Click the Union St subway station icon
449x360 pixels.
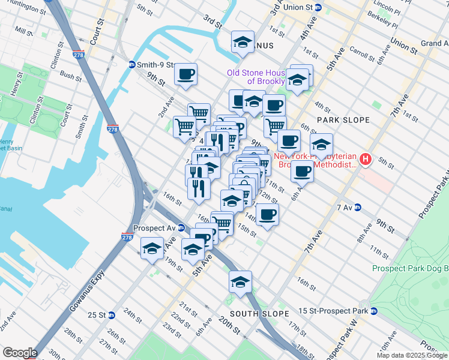pos(318,7)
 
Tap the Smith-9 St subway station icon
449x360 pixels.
pos(131,64)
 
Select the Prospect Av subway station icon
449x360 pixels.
pos(181,227)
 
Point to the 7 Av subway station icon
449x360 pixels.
pos(358,208)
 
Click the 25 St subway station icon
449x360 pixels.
pos(111,315)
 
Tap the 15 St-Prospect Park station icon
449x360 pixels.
pos(374,311)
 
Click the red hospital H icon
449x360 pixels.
pos(366,160)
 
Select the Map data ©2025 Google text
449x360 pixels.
pos(412,355)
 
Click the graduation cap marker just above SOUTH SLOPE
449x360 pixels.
pos(240,281)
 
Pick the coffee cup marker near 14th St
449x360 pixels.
pos(268,214)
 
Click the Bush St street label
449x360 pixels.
pos(71,77)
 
